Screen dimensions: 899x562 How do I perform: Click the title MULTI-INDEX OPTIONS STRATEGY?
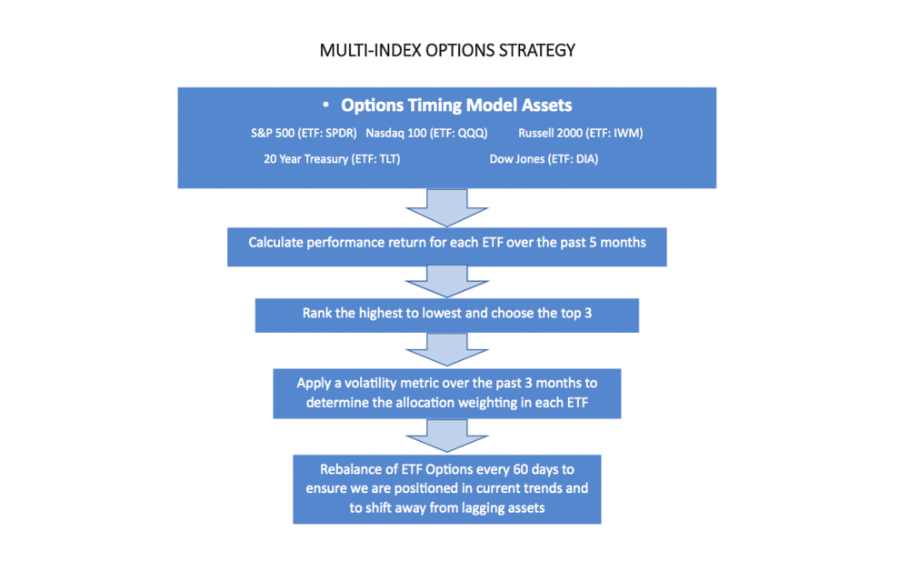pos(447,50)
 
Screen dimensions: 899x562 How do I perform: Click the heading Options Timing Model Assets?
pos(456,105)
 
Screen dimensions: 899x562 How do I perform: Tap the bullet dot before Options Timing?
pos(325,105)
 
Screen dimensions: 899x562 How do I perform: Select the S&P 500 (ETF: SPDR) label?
pos(304,133)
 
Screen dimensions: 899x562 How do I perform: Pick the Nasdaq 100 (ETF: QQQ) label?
pos(426,133)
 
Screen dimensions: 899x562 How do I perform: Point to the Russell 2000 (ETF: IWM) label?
pos(581,133)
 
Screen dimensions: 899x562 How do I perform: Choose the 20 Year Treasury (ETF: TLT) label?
pos(332,159)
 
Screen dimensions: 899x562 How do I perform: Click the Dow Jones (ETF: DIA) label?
pos(544,159)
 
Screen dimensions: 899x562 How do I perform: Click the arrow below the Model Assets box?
pos(447,207)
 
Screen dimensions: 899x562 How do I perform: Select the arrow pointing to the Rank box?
pos(447,282)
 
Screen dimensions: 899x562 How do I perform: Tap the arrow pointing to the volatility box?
pos(447,350)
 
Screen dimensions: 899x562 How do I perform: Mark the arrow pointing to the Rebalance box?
pos(447,436)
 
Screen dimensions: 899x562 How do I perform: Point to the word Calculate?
pos(275,243)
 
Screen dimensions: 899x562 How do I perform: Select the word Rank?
pos(315,313)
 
